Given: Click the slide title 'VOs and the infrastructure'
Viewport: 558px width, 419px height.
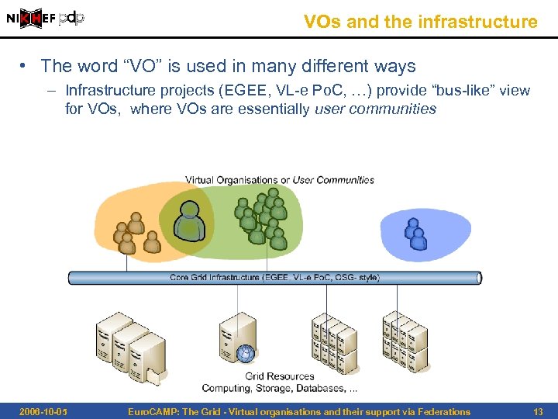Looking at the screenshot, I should click(420, 22).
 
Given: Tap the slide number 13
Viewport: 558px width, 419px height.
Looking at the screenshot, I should click(538, 411).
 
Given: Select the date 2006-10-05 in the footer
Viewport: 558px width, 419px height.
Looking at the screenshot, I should click(42, 411).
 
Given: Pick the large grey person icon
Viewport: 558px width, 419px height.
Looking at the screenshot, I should click(188, 220).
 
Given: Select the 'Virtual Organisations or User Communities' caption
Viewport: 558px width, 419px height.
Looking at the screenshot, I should click(279, 180).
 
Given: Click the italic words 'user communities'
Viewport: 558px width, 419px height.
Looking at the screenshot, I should click(375, 109).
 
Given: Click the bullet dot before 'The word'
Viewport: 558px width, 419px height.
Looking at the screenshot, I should click(26, 67).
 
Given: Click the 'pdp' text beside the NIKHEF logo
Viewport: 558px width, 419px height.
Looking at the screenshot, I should click(71, 17).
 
